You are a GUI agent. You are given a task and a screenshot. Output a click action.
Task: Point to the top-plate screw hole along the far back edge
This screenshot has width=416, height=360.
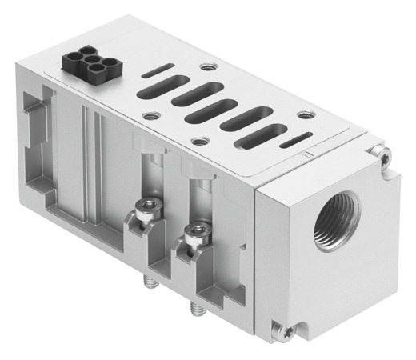tap(209, 67)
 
